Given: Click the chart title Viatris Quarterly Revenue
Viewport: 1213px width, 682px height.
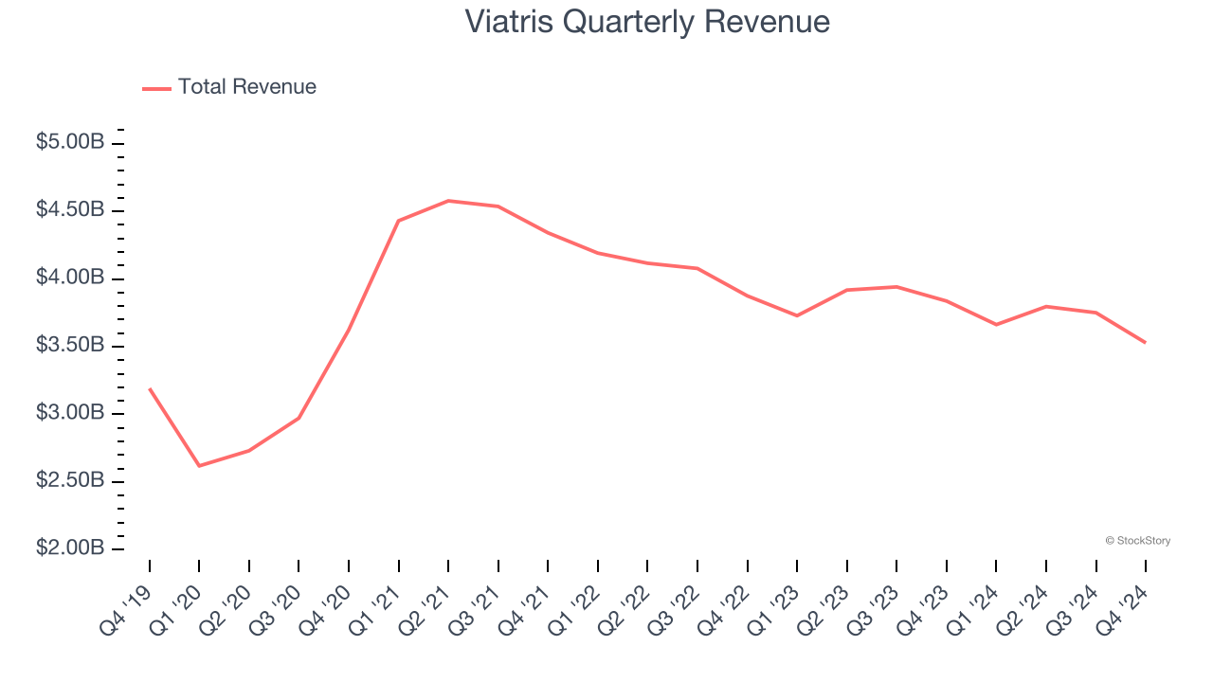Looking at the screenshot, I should (647, 22).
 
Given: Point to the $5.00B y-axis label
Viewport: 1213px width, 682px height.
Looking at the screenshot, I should (70, 142).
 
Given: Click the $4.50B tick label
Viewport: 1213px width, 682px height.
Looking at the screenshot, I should (70, 209).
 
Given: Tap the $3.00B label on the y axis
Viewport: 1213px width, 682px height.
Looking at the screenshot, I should (70, 413).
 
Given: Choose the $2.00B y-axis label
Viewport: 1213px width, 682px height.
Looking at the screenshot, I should (70, 548).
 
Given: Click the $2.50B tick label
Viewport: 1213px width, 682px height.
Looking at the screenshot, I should (70, 480).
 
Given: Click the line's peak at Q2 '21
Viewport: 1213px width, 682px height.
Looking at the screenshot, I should (448, 201).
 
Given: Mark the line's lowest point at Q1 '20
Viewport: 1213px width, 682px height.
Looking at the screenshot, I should (199, 466).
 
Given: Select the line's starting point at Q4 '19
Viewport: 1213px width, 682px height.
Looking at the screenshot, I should (150, 388).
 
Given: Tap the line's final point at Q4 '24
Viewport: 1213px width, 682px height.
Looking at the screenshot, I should (1146, 343).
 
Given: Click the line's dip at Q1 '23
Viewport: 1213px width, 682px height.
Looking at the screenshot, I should (797, 315).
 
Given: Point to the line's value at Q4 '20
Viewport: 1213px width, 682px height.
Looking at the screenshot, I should (349, 330).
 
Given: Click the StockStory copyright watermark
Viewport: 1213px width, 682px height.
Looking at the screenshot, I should (1137, 541).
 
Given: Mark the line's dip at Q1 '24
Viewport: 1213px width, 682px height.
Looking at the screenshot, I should (996, 325).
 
